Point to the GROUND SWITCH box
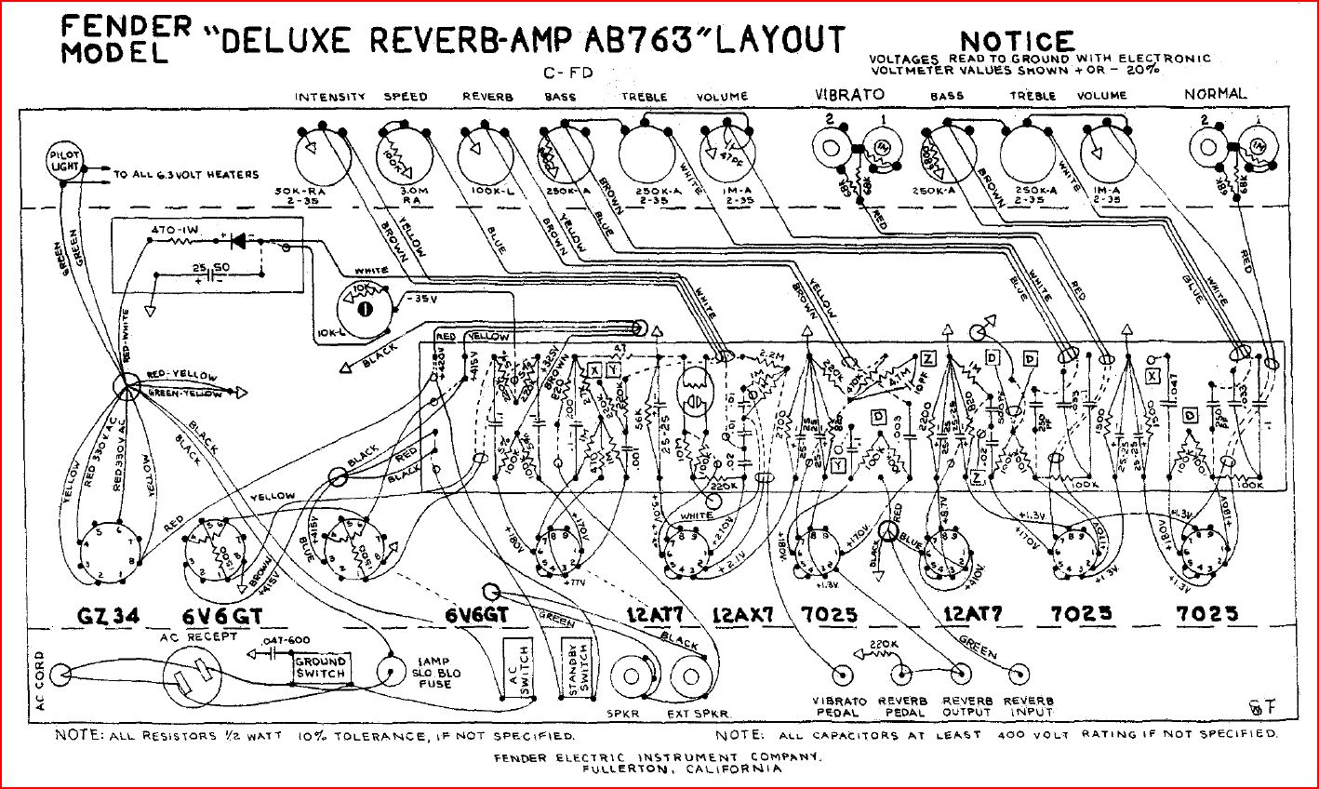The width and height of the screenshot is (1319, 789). click(320, 666)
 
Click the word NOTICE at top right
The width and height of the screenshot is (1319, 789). click(1017, 42)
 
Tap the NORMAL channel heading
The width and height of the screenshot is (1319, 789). click(1215, 94)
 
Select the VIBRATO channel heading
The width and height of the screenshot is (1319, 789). click(850, 95)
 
